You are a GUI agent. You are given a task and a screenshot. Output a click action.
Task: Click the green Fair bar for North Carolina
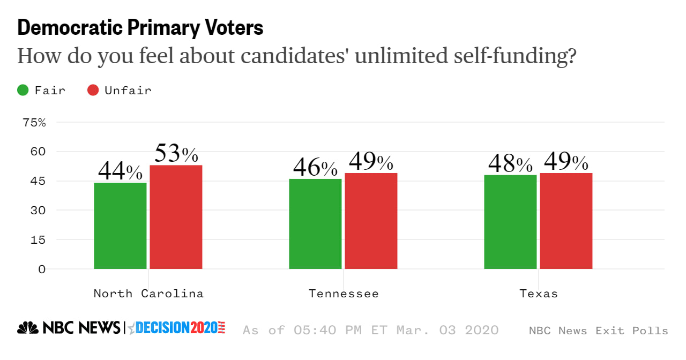120,226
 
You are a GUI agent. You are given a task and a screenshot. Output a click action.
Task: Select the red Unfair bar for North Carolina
176,217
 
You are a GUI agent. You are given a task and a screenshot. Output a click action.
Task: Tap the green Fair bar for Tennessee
315,224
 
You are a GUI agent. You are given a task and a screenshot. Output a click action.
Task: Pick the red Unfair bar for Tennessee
371,221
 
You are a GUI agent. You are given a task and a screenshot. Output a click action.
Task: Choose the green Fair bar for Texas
510,222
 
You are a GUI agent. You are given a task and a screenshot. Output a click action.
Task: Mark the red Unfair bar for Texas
566,221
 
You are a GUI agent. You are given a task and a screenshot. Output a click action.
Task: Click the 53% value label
176,154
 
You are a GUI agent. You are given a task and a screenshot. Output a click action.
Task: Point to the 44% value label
120,171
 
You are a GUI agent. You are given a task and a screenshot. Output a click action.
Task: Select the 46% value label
315,168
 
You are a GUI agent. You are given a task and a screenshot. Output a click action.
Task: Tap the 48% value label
510,164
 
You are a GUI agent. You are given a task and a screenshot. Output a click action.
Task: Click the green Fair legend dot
23,90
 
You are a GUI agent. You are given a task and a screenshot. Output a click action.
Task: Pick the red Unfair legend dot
93,90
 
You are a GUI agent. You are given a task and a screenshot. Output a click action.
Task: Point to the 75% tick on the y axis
35,122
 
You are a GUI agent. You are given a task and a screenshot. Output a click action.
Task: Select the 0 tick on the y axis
41,269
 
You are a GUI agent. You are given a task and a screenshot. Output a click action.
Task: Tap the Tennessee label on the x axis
344,294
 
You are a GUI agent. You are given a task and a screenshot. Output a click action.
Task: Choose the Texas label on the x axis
538,294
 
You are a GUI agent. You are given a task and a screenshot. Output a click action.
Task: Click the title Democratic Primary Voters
140,28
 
